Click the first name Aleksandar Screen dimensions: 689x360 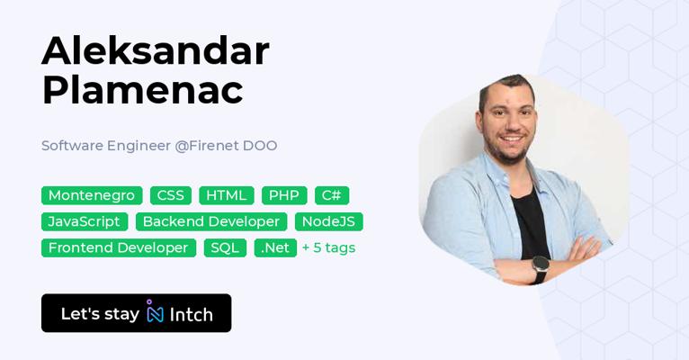pyautogui.click(x=156, y=51)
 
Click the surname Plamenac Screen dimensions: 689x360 pyautogui.click(x=142, y=91)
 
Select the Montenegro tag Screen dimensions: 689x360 pyautogui.click(x=92, y=195)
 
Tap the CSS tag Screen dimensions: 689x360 pyautogui.click(x=171, y=195)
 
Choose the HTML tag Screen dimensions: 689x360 pyautogui.click(x=227, y=195)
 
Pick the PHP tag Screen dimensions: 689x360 pyautogui.click(x=284, y=195)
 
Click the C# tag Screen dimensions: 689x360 pyautogui.click(x=332, y=195)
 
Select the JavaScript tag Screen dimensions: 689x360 pyautogui.click(x=85, y=221)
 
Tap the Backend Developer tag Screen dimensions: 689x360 pyautogui.click(x=211, y=221)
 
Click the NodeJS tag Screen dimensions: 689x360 pyautogui.click(x=328, y=221)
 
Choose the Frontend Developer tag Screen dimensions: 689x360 pyautogui.click(x=119, y=247)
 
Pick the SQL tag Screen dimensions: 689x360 pyautogui.click(x=225, y=247)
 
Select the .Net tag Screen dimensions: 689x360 pyautogui.click(x=275, y=247)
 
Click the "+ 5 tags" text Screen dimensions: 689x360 pyautogui.click(x=328, y=247)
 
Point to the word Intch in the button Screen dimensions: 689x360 pyautogui.click(x=192, y=315)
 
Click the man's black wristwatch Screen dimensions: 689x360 pyautogui.click(x=540, y=268)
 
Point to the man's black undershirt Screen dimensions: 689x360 pyautogui.click(x=530, y=224)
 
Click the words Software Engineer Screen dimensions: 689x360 pyautogui.click(x=106, y=146)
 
